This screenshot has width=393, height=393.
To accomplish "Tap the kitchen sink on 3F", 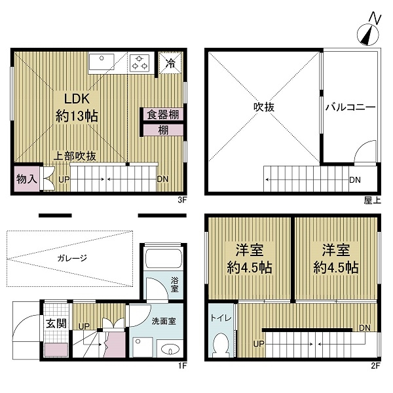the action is [102, 62].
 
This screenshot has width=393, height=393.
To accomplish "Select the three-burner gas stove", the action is [140, 63].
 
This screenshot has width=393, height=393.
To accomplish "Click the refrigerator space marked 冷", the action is [170, 63].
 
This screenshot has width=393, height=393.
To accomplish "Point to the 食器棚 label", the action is [163, 115].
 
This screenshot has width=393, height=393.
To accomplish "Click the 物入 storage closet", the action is [27, 179].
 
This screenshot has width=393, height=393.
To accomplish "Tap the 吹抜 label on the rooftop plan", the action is [264, 107].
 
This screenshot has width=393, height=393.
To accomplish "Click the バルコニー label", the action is [350, 107].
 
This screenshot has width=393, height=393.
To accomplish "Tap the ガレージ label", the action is [72, 258].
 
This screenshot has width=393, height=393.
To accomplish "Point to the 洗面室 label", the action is [163, 321].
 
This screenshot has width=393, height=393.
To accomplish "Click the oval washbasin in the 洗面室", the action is [170, 349].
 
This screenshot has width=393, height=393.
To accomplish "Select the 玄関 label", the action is [56, 324].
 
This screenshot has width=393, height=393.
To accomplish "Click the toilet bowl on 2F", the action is [221, 344].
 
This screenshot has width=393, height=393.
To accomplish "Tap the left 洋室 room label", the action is [249, 259].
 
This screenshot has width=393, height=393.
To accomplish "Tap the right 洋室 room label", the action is [336, 259].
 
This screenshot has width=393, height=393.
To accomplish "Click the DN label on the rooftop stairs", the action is [355, 179].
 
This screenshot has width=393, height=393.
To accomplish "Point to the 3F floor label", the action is [182, 200].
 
